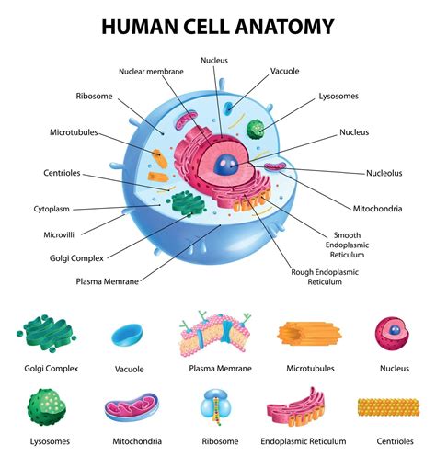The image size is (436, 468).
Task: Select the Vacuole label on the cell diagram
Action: [x=283, y=71]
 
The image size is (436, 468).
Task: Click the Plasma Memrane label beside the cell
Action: [x=108, y=281]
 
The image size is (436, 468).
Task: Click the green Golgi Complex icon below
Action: [x=52, y=335]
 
